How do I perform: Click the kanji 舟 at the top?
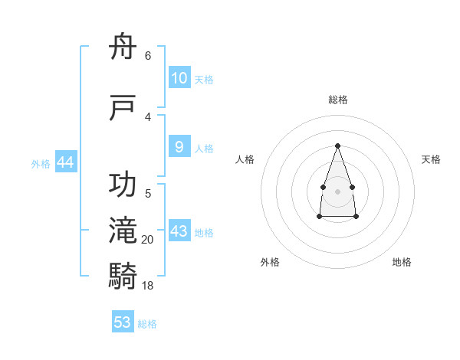pos(123,46)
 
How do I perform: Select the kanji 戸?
pos(122,107)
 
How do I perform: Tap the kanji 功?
pos(123,184)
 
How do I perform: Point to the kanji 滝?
pos(123,230)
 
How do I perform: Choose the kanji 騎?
pos(123,276)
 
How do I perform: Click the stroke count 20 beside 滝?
pos(147,240)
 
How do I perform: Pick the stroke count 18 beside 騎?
pos(147,285)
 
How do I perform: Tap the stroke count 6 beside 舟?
pos(148,55)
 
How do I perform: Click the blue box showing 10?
pos(179,77)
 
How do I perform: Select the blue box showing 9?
pos(179,146)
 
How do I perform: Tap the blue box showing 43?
pos(179,230)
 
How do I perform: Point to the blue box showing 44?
pos(66,162)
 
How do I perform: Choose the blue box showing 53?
pos(123,321)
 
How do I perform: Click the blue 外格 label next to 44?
pos(41,164)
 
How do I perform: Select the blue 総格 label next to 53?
pos(147,324)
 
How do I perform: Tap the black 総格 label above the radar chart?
pos(338,100)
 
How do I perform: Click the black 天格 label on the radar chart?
pos(431,159)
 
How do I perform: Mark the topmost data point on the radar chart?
pos(337,146)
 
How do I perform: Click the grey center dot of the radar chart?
pos(337,191)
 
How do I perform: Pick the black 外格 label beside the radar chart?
pos(270,262)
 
